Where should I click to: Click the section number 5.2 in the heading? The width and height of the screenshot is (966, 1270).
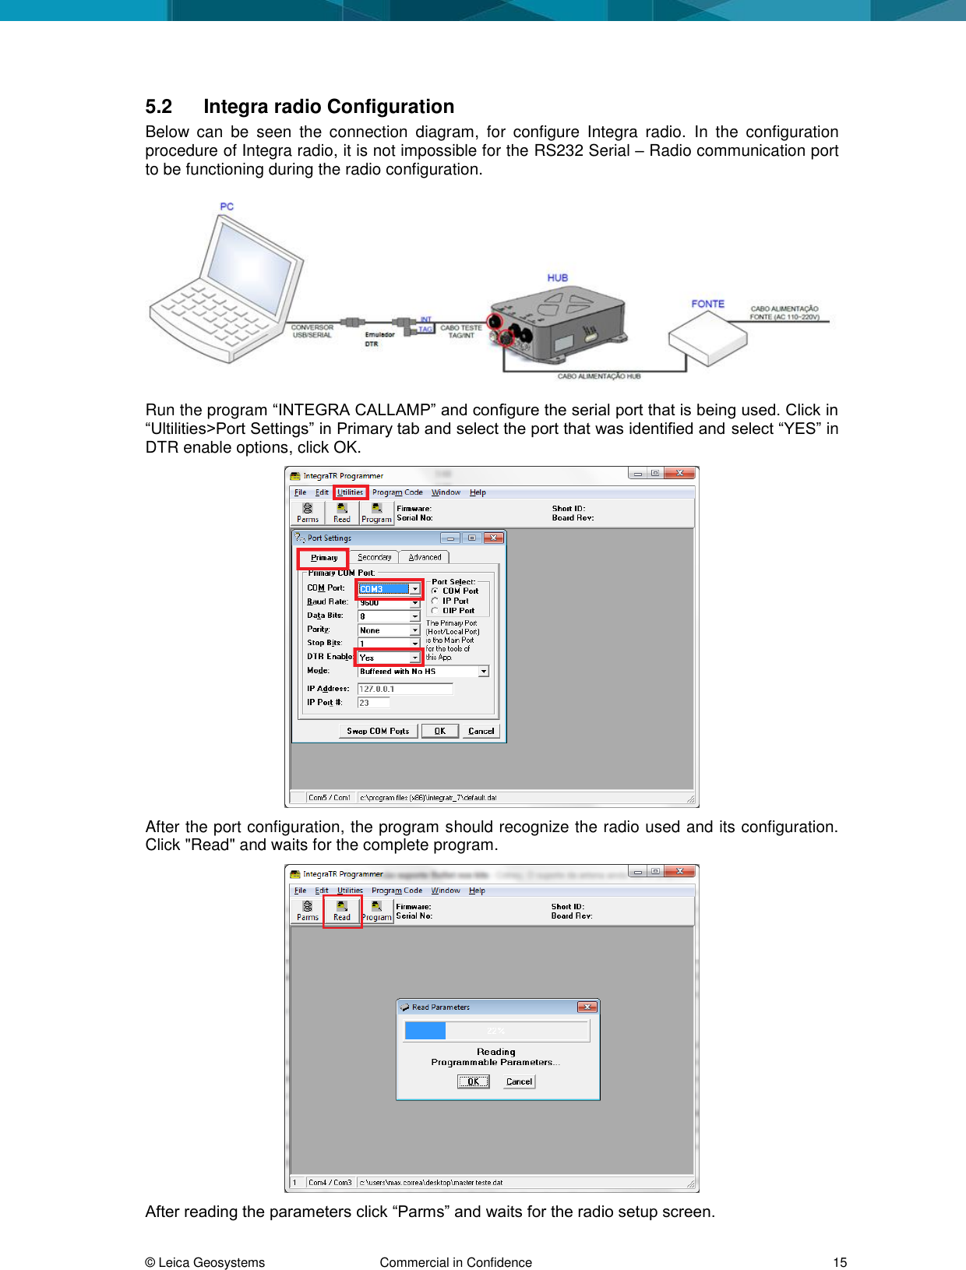158,107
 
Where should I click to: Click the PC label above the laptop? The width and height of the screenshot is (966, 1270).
227,206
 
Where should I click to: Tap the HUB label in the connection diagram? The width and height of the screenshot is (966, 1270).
557,277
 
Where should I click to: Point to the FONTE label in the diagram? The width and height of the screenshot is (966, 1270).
707,304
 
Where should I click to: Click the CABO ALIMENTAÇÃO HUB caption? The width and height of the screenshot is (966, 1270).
598,376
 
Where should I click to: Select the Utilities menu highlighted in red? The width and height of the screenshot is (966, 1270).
350,492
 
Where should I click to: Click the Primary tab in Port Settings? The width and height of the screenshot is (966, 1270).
323,558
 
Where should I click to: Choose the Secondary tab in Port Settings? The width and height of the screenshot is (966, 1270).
374,557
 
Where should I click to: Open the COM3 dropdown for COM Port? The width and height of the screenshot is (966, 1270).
414,589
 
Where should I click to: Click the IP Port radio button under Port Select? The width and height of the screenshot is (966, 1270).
435,601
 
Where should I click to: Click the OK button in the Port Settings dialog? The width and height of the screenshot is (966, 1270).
439,731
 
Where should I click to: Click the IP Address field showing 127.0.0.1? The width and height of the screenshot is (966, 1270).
404,689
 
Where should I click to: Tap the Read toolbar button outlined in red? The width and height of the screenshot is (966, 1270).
341,910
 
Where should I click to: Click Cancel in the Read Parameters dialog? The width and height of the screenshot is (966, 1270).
519,1081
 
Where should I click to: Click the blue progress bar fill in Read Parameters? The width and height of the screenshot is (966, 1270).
425,1031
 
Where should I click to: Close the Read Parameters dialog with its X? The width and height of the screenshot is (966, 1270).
587,1007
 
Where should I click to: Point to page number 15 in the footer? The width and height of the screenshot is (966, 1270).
839,1262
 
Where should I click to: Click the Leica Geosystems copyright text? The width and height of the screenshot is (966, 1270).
205,1262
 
